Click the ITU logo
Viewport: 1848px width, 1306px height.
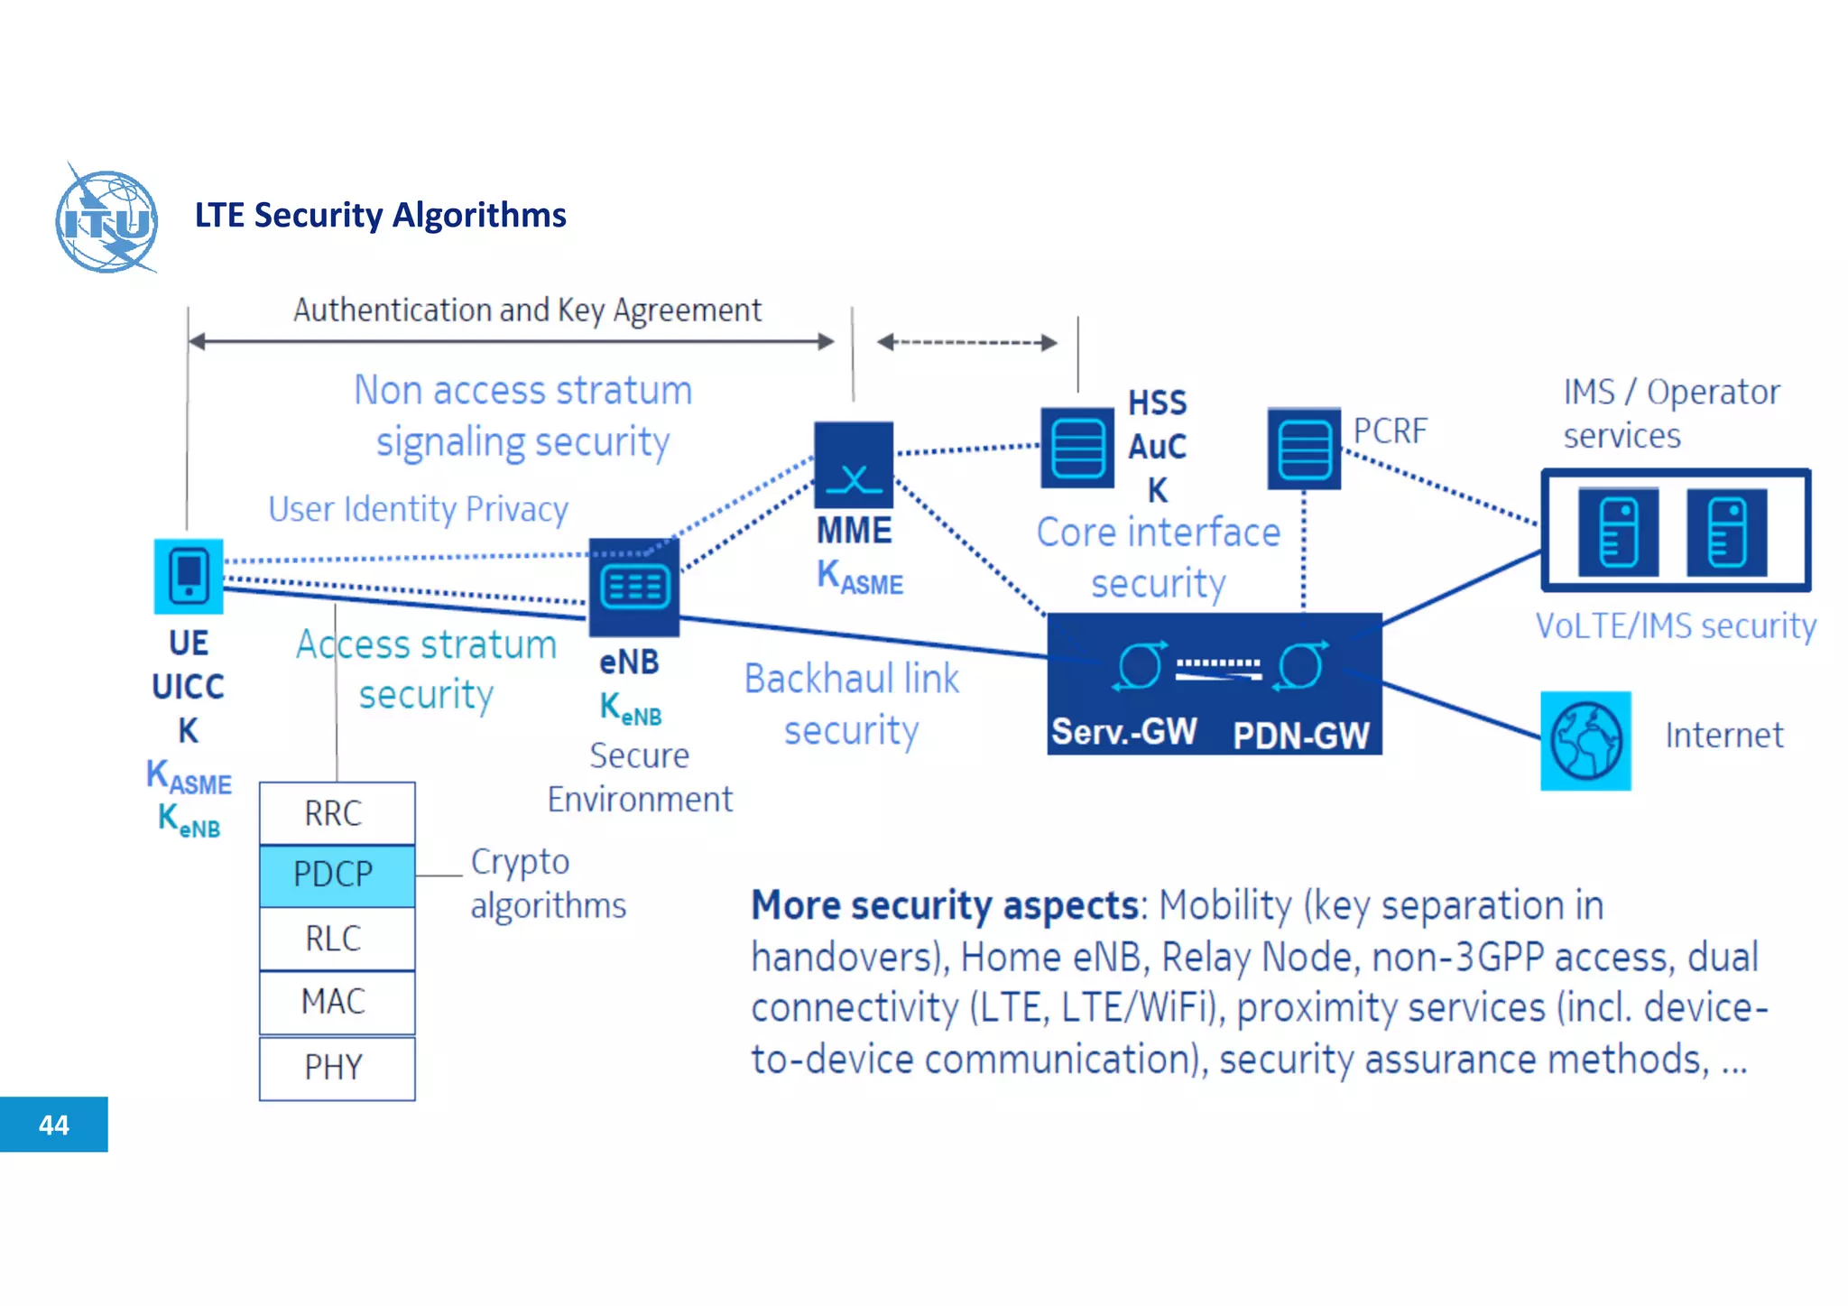pos(106,219)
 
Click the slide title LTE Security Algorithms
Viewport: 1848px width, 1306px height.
pos(380,215)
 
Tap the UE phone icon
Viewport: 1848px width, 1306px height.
pos(189,576)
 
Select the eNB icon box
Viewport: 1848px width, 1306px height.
pos(634,588)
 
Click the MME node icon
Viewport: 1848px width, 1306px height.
pos(854,465)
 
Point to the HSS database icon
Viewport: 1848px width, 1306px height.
pos(1077,449)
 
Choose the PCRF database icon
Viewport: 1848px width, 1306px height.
pos(1304,449)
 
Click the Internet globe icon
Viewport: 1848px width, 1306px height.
pos(1585,740)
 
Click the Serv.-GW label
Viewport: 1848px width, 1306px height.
pos(1123,732)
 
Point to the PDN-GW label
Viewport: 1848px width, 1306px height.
pos(1300,736)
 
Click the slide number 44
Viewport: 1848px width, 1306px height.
pos(54,1125)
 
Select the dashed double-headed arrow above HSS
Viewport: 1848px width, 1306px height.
pos(966,342)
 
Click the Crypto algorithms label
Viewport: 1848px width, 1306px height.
pos(547,884)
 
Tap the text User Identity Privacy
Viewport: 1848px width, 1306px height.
pos(418,510)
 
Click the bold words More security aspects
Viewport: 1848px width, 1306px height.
pos(946,905)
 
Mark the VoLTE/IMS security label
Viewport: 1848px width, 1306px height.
pos(1676,625)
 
